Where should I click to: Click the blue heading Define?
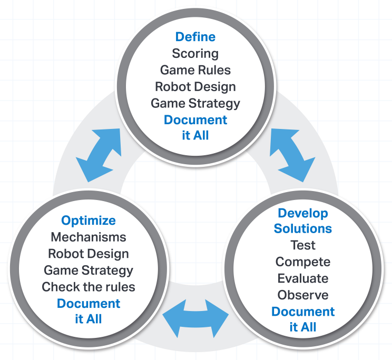pyautogui.click(x=195, y=37)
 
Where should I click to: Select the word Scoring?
pyautogui.click(x=195, y=53)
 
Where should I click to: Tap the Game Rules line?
pyautogui.click(x=195, y=70)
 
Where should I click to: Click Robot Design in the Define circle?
pyautogui.click(x=195, y=86)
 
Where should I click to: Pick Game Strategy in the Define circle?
pyautogui.click(x=195, y=103)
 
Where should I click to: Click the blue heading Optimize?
pyautogui.click(x=89, y=221)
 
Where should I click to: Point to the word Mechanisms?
pyautogui.click(x=89, y=237)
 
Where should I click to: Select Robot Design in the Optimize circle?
pyautogui.click(x=89, y=254)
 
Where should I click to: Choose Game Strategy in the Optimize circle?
pyautogui.click(x=89, y=271)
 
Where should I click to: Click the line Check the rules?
pyautogui.click(x=89, y=287)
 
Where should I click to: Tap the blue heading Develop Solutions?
pyautogui.click(x=303, y=221)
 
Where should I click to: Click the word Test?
pyautogui.click(x=303, y=245)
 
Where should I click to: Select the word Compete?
pyautogui.click(x=303, y=262)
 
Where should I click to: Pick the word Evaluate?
pyautogui.click(x=303, y=278)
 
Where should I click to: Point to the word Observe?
pyautogui.click(x=303, y=295)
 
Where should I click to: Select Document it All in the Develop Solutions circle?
pyautogui.click(x=303, y=319)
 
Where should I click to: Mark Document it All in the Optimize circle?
pyautogui.click(x=89, y=312)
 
